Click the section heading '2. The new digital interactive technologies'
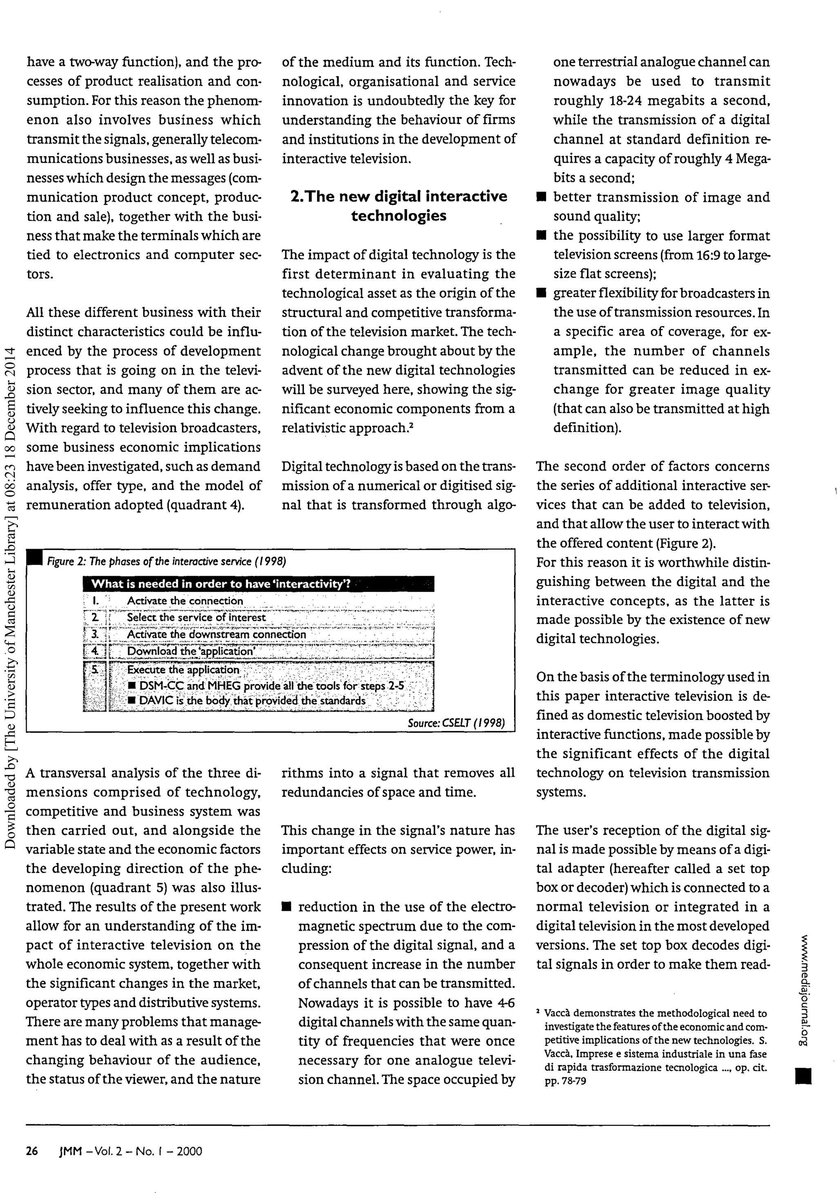coord(398,206)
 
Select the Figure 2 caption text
coord(167,562)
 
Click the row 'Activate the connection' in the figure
coord(185,601)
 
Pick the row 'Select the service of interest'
coord(197,618)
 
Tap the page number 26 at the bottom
coord(32,1151)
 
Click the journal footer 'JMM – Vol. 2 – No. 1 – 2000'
coord(131,1151)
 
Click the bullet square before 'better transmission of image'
coord(542,198)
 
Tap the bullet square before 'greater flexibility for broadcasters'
coord(542,294)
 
